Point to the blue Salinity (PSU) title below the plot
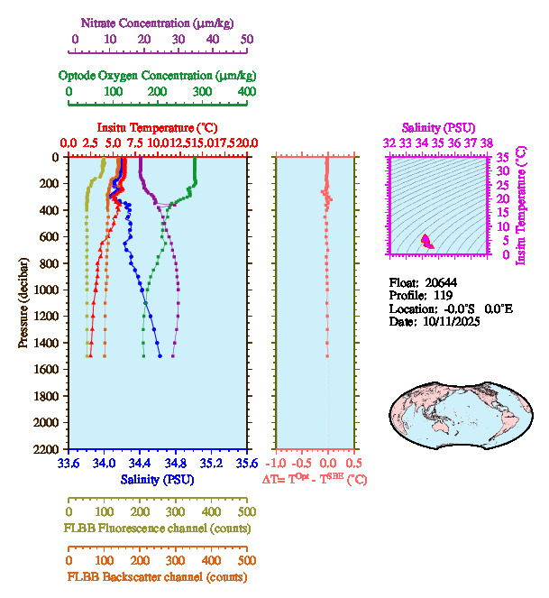[157, 480]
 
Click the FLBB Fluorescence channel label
[157, 528]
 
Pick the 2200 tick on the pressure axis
[47, 449]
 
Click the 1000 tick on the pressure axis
[47, 290]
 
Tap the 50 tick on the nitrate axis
[247, 40]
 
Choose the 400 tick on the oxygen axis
[246, 92]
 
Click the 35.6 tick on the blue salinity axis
[246, 464]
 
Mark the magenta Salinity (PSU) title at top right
[438, 128]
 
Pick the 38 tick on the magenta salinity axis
[487, 143]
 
